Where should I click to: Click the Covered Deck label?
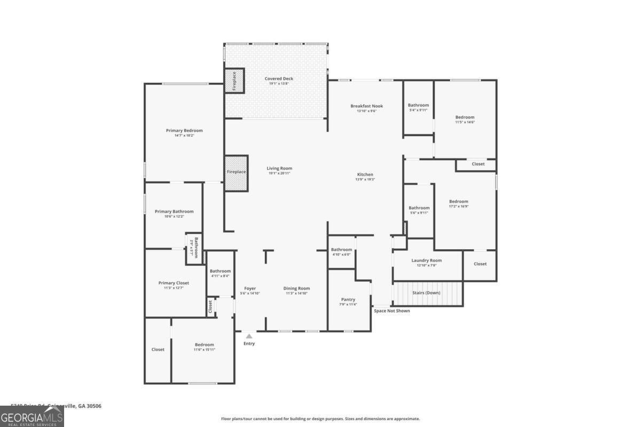point(279,79)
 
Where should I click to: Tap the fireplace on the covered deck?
point(233,80)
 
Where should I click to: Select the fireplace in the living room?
point(236,172)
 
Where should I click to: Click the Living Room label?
point(279,169)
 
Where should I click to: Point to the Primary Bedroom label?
point(184,131)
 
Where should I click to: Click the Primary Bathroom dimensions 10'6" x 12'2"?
point(174,216)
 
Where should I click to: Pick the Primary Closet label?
point(174,283)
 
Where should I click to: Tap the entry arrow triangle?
point(249,336)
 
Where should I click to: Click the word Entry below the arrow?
point(249,344)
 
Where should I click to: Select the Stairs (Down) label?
point(426,292)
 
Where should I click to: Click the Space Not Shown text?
point(392,311)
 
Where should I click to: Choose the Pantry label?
point(348,299)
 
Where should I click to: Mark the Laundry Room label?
point(430,260)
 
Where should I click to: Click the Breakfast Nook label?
point(366,106)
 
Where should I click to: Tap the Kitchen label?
point(365,175)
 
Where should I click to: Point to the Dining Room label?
point(296,288)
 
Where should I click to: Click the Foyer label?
point(250,288)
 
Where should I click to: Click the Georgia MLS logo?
point(32,416)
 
